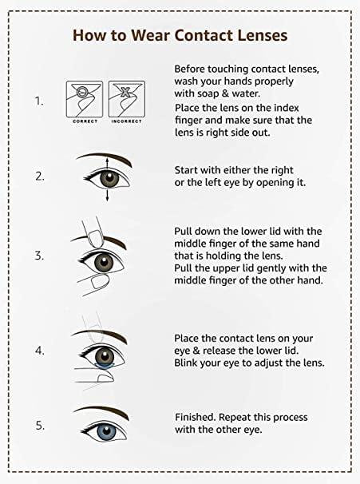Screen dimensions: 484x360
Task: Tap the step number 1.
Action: click(38, 102)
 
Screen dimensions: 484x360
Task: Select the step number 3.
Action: click(38, 256)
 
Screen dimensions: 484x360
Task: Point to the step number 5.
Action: click(38, 425)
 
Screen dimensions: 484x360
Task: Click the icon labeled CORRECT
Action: click(84, 97)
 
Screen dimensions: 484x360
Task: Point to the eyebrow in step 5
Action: click(107, 410)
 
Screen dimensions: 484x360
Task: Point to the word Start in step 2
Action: click(188, 170)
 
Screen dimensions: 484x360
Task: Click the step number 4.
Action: click(38, 350)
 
